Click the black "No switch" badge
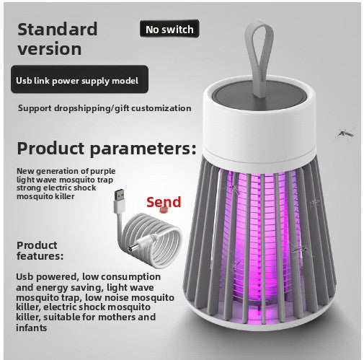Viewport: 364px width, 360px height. pos(169,29)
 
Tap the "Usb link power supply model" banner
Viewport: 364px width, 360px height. pos(79,79)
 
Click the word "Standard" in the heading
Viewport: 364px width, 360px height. pos(58,29)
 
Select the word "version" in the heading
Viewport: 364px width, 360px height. pos(49,48)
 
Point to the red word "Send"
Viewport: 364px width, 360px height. pos(164,202)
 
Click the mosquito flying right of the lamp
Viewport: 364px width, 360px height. pos(345,133)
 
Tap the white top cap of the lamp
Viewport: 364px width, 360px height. pos(259,125)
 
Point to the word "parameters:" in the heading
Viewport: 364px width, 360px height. pos(143,149)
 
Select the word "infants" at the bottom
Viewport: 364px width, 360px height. pos(31,328)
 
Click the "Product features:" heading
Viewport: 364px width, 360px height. pos(40,250)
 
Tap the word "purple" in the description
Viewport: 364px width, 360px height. pos(102,172)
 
